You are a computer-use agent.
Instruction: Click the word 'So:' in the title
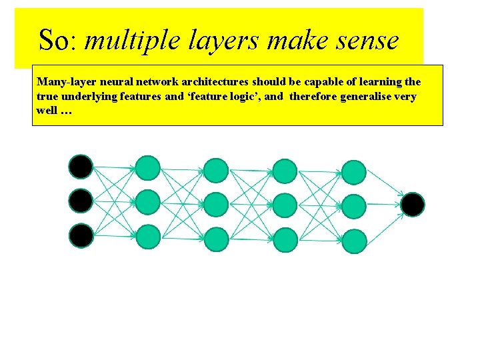[x=59, y=41]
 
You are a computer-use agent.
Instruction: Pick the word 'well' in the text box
[x=47, y=110]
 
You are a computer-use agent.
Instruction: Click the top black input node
[x=81, y=166]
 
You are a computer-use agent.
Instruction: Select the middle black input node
[x=81, y=201]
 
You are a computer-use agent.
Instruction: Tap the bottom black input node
[x=81, y=235]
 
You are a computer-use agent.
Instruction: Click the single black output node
[x=413, y=204]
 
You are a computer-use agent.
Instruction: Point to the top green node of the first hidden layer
[x=148, y=168]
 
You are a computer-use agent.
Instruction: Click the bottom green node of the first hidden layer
[x=148, y=237]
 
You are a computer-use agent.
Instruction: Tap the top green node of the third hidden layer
[x=285, y=171]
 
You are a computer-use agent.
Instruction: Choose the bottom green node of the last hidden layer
[x=354, y=240]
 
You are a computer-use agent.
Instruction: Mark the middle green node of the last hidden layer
[x=354, y=206]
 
